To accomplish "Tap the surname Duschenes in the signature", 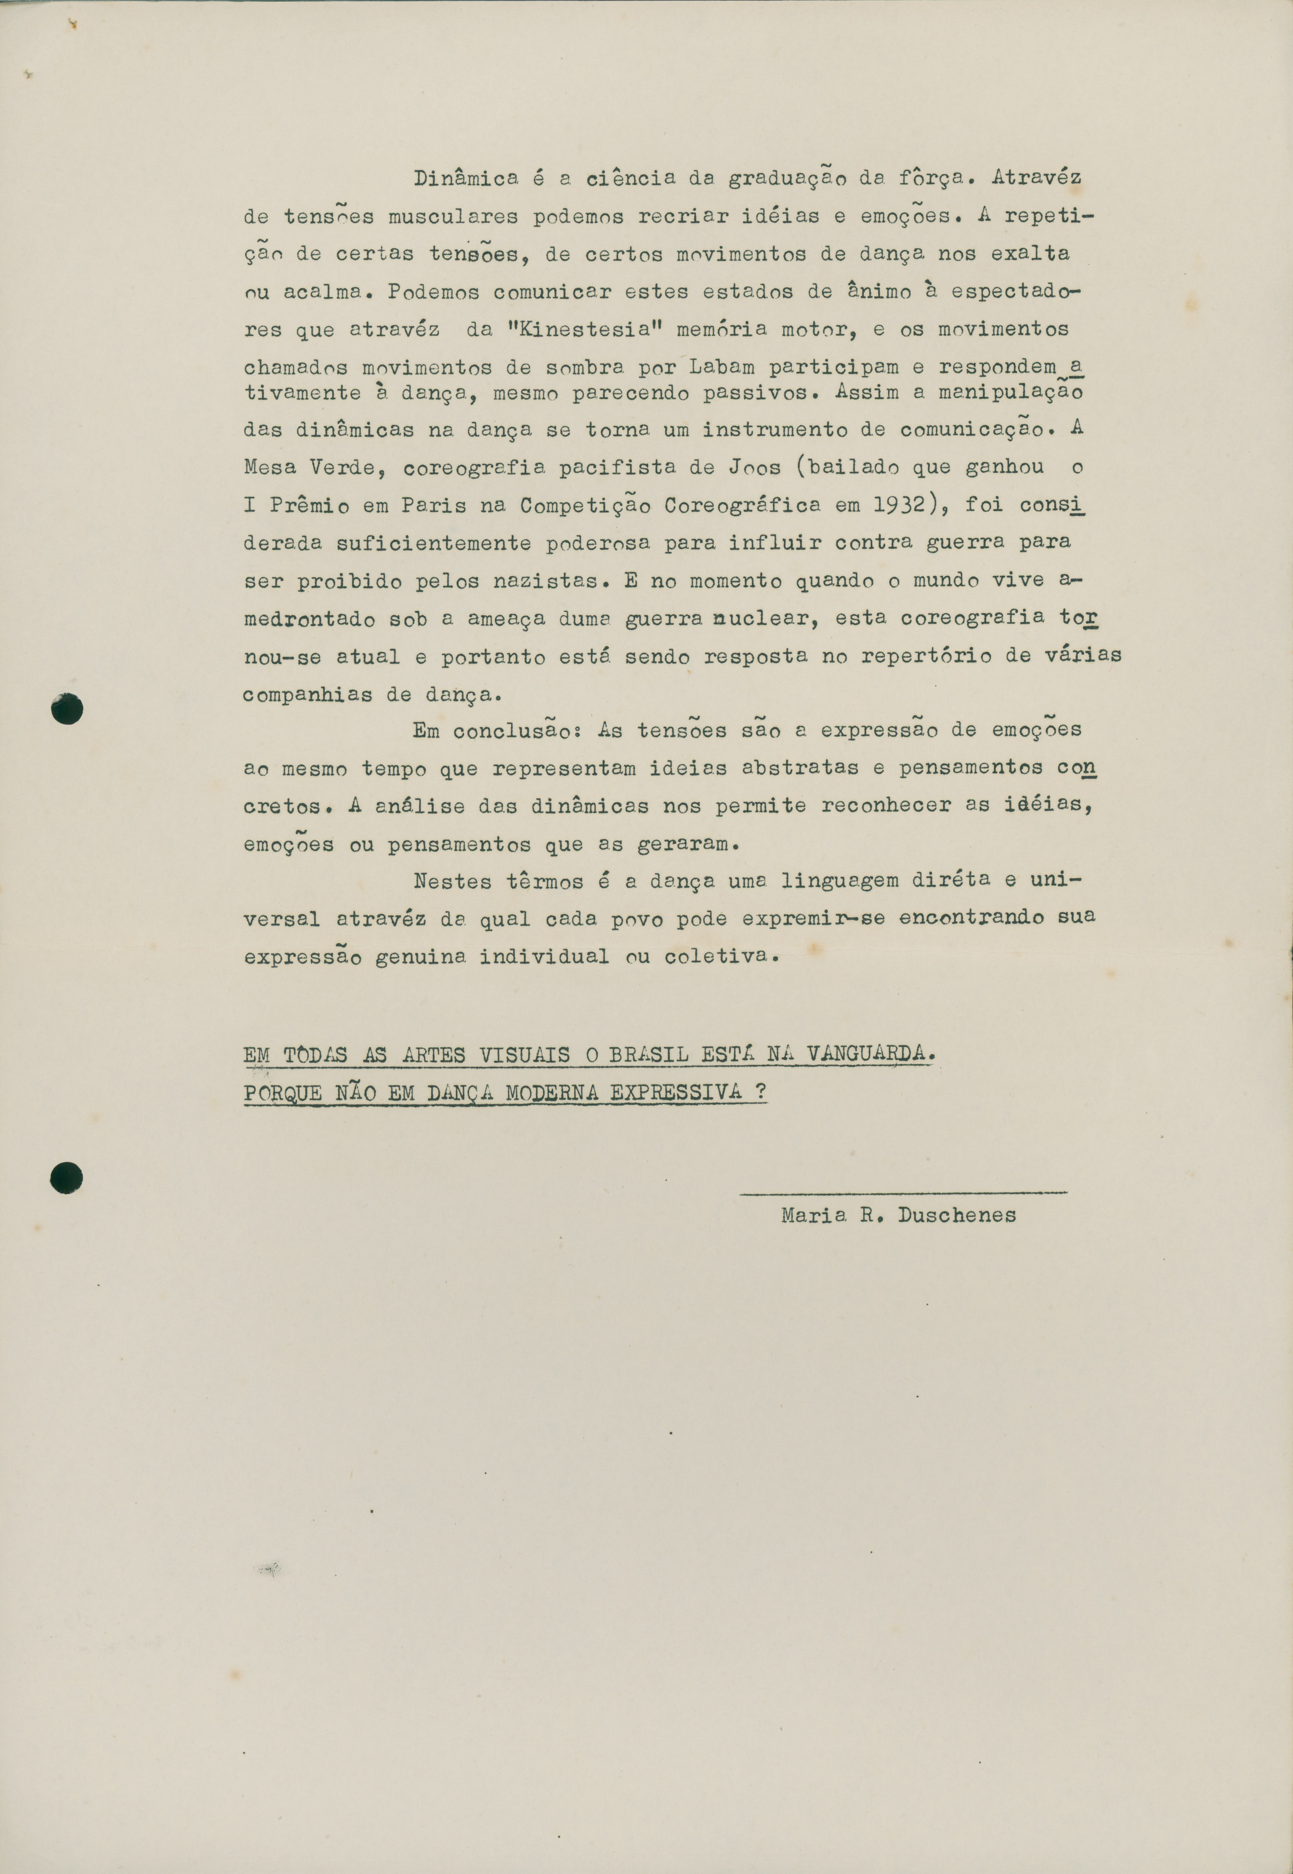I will [957, 1216].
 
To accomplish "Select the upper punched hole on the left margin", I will [67, 709].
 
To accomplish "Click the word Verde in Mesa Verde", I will [343, 468].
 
